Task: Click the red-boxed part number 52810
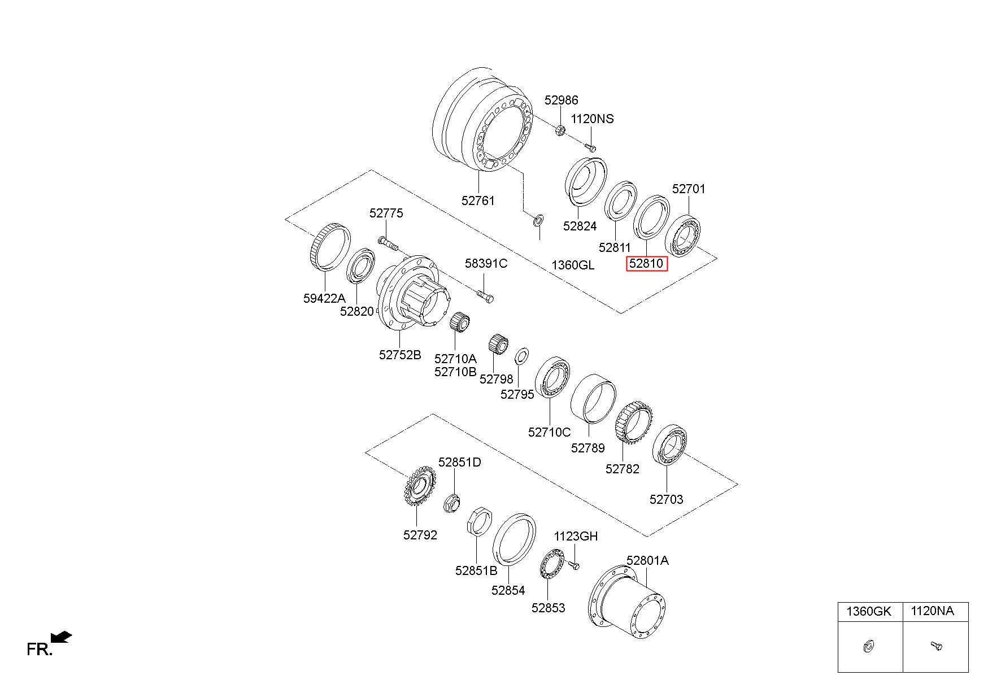(x=647, y=264)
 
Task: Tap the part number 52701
(x=689, y=189)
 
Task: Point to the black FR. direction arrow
(x=62, y=637)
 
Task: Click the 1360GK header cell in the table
(x=870, y=611)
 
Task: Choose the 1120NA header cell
(x=935, y=611)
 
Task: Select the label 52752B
(x=400, y=355)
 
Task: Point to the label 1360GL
(x=573, y=265)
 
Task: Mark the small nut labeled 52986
(x=560, y=130)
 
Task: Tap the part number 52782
(x=622, y=469)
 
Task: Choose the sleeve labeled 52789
(x=593, y=397)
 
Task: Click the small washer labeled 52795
(x=521, y=357)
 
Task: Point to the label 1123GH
(x=575, y=536)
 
